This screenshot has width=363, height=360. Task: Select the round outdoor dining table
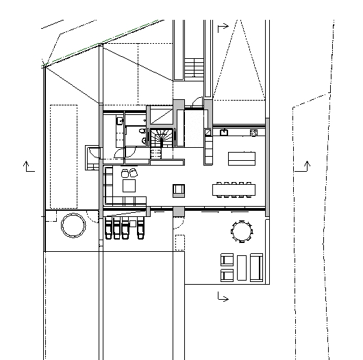(241, 231)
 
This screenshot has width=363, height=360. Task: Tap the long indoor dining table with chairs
(234, 187)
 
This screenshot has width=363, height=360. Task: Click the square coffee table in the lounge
(129, 185)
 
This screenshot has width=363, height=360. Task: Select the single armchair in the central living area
(179, 190)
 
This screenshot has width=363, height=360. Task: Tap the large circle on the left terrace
(72, 224)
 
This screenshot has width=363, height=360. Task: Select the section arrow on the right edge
(305, 166)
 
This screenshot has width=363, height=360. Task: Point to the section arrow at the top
(222, 28)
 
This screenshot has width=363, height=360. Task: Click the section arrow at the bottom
(222, 296)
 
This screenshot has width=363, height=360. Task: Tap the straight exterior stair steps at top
(195, 68)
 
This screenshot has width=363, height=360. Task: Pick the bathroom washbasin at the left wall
(120, 121)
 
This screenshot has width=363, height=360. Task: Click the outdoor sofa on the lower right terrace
(256, 266)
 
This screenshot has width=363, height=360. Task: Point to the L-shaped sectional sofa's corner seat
(109, 201)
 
